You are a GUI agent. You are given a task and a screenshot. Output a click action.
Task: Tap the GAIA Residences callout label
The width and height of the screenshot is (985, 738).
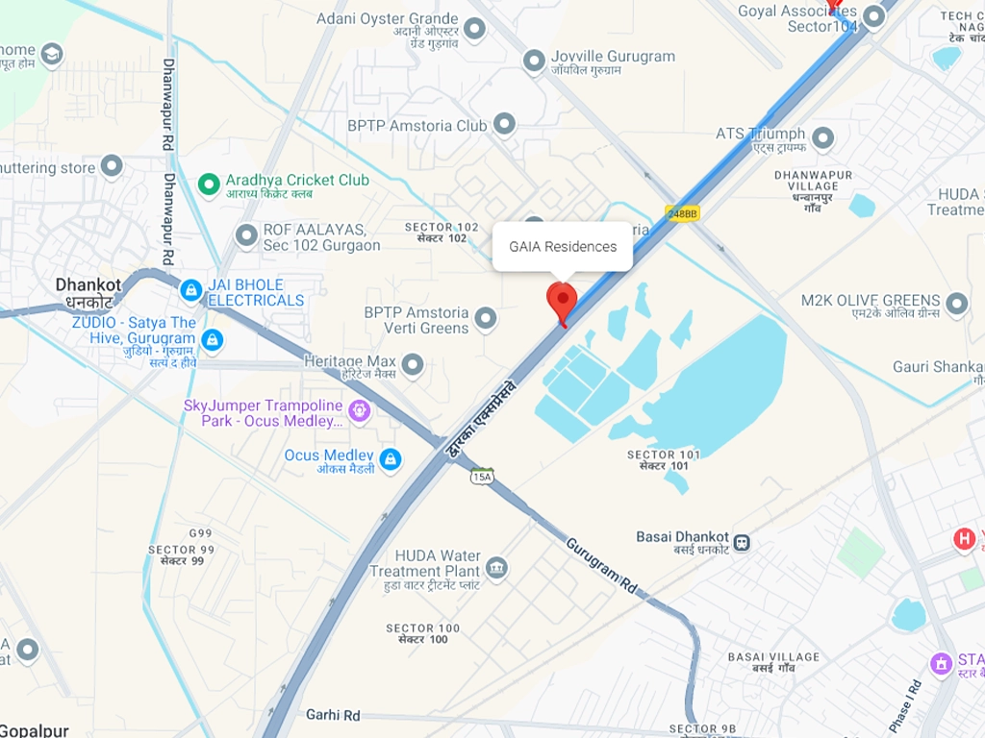[563, 247]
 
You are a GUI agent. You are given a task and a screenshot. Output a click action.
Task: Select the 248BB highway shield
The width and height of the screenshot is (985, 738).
[682, 213]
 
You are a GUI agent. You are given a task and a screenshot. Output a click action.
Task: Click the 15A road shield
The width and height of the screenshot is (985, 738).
[482, 477]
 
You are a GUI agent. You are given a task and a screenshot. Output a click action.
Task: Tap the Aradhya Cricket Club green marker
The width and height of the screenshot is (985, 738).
[208, 182]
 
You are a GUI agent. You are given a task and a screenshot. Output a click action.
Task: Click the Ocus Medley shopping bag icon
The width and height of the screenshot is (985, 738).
[390, 459]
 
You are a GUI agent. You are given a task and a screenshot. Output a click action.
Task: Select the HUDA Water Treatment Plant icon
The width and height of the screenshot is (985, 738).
[496, 569]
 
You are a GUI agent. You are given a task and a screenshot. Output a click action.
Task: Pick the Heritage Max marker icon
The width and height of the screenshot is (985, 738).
[413, 365]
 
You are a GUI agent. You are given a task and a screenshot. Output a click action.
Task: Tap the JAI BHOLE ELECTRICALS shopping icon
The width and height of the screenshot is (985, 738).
[190, 288]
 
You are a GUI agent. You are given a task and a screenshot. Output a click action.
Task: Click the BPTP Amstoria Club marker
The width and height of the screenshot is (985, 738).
[504, 124]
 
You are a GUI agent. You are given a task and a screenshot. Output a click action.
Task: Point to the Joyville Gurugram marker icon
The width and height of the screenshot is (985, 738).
[534, 61]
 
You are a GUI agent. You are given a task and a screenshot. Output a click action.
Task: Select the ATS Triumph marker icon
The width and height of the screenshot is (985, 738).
[822, 138]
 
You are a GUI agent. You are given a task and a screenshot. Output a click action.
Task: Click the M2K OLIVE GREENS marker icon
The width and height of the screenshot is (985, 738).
[956, 305]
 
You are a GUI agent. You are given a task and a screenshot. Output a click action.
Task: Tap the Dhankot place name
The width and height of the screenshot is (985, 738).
[88, 285]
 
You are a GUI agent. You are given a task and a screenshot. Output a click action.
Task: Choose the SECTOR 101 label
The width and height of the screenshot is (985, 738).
[658, 459]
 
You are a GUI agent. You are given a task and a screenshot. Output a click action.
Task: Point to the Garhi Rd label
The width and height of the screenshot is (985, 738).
[333, 715]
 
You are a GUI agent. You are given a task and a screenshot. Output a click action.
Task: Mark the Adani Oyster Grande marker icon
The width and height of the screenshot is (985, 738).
[474, 29]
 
